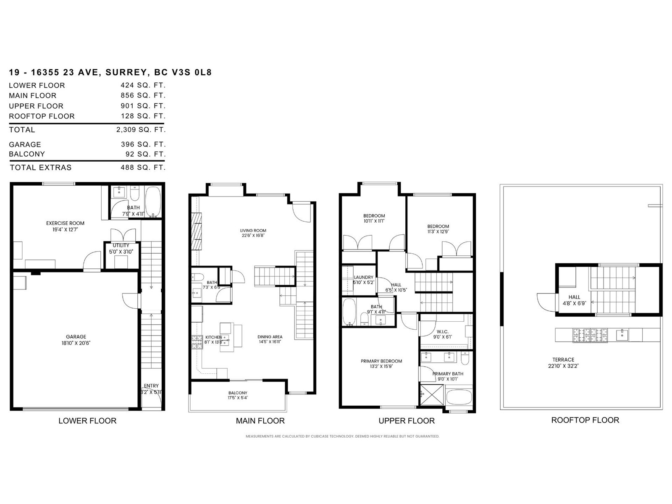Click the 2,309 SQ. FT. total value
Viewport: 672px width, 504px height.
pos(141,130)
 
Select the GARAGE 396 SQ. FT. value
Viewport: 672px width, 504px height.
pos(143,144)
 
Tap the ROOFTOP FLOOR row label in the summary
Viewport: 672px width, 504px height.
pos(42,116)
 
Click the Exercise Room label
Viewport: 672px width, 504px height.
pos(65,223)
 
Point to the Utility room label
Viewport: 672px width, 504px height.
pos(121,246)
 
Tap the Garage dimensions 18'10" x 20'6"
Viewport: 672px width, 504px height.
pos(76,343)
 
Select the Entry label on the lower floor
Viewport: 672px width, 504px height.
pos(151,386)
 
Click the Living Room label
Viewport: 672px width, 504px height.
pos(253,231)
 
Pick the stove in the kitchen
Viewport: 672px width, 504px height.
pos(197,342)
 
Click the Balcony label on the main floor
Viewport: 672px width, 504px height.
pos(238,393)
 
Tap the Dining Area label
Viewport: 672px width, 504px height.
pos(270,337)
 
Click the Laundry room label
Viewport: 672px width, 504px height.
pos(363,278)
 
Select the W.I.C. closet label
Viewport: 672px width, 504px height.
pos(442,332)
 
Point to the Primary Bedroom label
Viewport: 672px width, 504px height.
pos(381,361)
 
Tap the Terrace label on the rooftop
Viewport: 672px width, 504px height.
pos(563,360)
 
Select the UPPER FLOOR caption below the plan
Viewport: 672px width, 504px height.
pos(407,421)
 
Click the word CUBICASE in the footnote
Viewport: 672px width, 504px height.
pos(321,436)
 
